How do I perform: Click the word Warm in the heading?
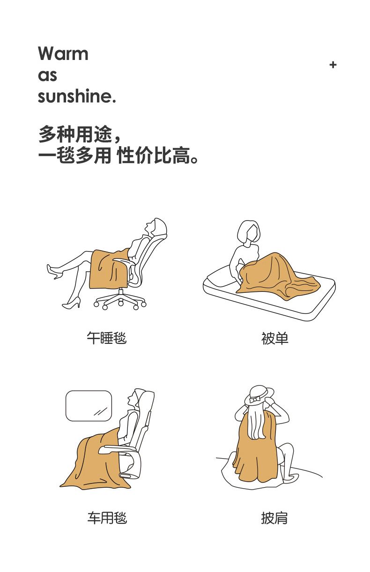[x=63, y=53]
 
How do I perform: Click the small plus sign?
[x=333, y=65]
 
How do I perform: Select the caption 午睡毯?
[x=107, y=338]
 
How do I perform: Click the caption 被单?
[x=274, y=338]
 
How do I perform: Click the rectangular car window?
[x=89, y=406]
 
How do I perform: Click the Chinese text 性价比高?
[x=154, y=155]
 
